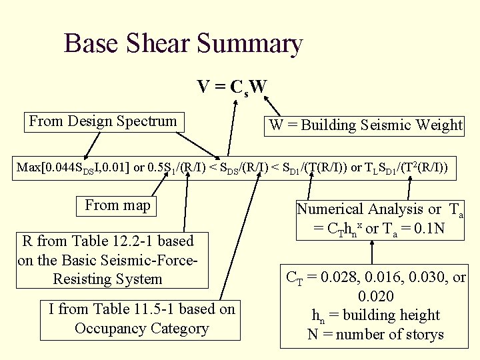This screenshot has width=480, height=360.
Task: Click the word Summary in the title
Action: (250, 44)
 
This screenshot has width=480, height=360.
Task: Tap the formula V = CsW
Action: (232, 87)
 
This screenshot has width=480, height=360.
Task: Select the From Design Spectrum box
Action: (103, 121)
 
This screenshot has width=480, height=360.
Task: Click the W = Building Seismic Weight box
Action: (365, 125)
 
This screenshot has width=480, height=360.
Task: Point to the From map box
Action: (118, 205)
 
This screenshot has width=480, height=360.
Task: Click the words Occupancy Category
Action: (141, 328)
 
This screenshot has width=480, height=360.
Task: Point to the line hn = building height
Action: (376, 315)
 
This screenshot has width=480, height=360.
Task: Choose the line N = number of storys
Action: (375, 334)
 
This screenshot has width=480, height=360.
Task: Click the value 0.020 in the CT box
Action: (376, 295)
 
